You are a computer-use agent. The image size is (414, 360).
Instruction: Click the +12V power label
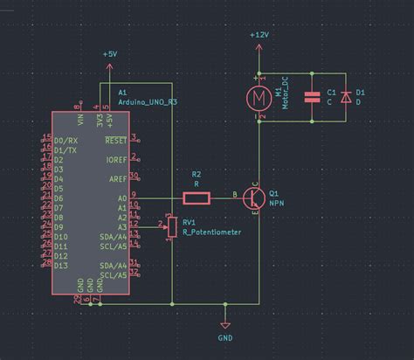tap(259, 35)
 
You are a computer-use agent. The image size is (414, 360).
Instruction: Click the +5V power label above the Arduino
tap(109, 54)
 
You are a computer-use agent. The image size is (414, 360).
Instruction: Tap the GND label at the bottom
tap(225, 336)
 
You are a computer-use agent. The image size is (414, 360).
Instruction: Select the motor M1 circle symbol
tap(259, 96)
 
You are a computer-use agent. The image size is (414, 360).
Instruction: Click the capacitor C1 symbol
tap(311, 97)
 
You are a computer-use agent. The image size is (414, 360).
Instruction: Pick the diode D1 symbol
tap(346, 97)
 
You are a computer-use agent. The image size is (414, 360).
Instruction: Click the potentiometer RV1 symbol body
tap(172, 226)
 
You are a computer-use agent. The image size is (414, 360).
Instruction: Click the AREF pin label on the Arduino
tap(117, 178)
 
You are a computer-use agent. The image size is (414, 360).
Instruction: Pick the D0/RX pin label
tap(66, 140)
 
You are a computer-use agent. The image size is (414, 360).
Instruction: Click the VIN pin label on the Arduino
tap(79, 118)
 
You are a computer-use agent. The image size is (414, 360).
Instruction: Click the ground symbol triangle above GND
tap(225, 320)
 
